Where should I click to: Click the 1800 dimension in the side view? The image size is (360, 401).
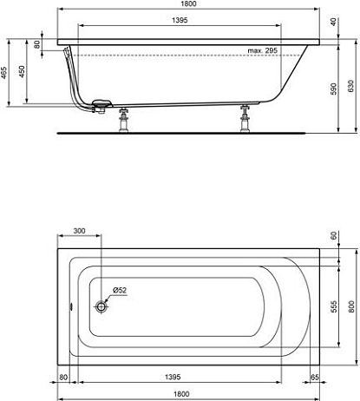(x=188, y=3)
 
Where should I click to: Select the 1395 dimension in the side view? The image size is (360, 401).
(x=180, y=20)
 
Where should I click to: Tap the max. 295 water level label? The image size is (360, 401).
(x=262, y=50)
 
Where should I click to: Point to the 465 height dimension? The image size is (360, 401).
(x=3, y=73)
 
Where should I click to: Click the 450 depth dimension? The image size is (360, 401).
(x=22, y=71)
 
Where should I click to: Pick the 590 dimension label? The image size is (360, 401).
(x=333, y=89)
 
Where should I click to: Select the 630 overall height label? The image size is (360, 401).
(x=350, y=86)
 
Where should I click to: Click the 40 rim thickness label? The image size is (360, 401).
(x=333, y=22)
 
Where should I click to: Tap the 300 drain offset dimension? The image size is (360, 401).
(x=79, y=231)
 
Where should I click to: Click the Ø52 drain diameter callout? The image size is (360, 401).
(x=120, y=290)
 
